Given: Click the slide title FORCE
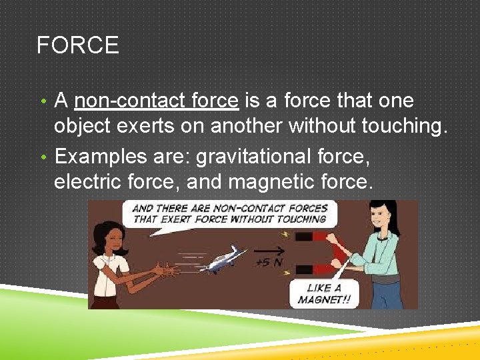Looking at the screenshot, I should coord(77,45).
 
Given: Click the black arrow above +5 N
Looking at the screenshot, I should coord(267,251).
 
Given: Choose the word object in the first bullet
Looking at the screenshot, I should coord(85,127).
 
